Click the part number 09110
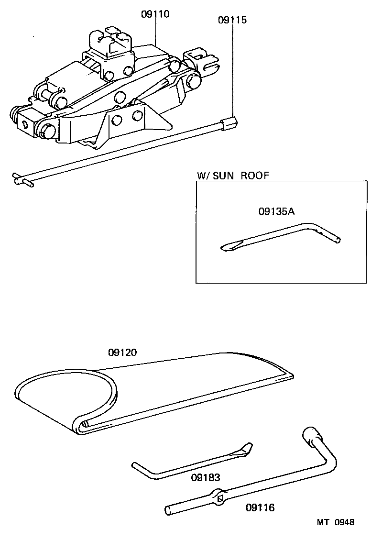[155, 14]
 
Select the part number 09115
[232, 21]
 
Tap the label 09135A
[276, 211]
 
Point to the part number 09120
[122, 353]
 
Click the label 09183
[206, 478]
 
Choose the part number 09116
[260, 507]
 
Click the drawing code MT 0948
[335, 522]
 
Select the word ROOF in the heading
[255, 175]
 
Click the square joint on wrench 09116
[220, 497]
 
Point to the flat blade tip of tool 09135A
[228, 247]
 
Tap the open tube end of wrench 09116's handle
[168, 510]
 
